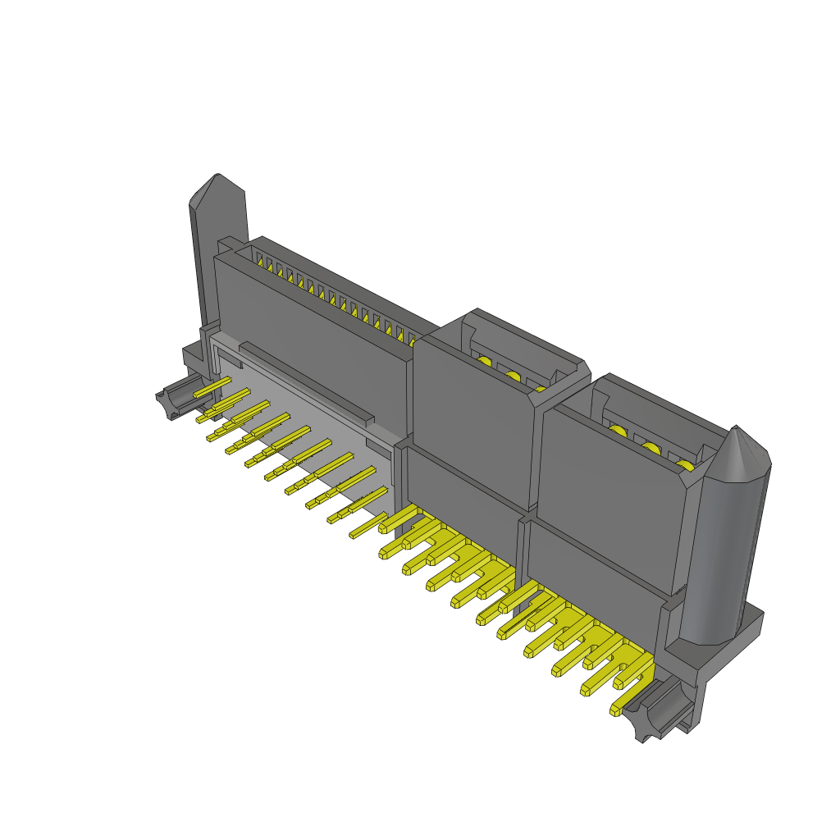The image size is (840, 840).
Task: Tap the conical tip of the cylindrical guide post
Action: tap(737, 430)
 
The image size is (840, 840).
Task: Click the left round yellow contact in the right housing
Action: tap(618, 431)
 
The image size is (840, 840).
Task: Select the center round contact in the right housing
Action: tap(651, 448)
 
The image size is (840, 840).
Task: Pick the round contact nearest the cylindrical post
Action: tap(684, 465)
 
